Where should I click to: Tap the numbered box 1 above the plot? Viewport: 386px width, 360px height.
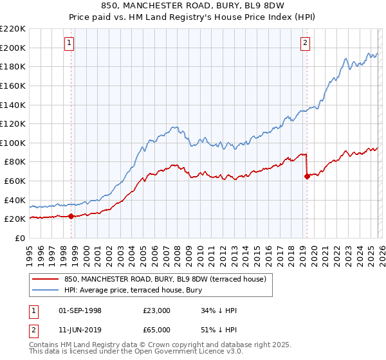69,43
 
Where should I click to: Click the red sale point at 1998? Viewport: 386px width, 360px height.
71,217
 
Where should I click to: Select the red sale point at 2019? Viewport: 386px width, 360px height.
307,177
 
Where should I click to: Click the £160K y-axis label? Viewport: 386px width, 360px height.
13,85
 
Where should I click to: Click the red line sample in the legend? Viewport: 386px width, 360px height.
46,278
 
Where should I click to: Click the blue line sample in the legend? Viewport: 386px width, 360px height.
46,290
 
